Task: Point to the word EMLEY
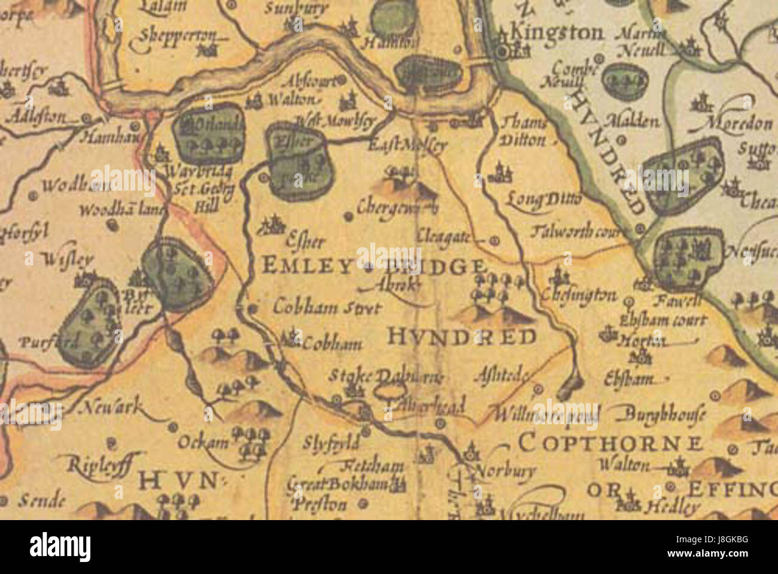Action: click(x=305, y=265)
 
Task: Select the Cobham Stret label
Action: click(x=327, y=308)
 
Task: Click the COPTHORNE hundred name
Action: click(x=610, y=444)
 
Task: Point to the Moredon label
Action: click(x=739, y=124)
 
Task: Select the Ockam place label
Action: click(x=203, y=443)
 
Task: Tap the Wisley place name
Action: click(x=68, y=259)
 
